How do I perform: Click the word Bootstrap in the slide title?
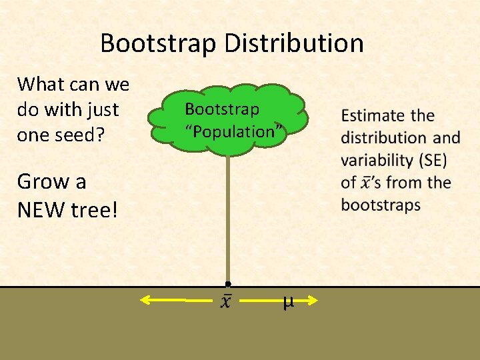(x=158, y=44)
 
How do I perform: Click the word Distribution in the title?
(x=294, y=44)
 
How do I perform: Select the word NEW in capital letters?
(x=45, y=210)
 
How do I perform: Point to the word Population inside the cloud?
(x=231, y=131)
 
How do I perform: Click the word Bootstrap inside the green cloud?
(x=222, y=108)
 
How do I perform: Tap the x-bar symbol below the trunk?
(x=227, y=301)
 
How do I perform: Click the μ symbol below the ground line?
(x=287, y=302)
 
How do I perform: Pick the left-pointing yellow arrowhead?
(x=145, y=301)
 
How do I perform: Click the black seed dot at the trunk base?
(x=228, y=284)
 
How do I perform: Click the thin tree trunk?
(x=228, y=220)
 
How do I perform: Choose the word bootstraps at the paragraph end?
(x=381, y=204)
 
